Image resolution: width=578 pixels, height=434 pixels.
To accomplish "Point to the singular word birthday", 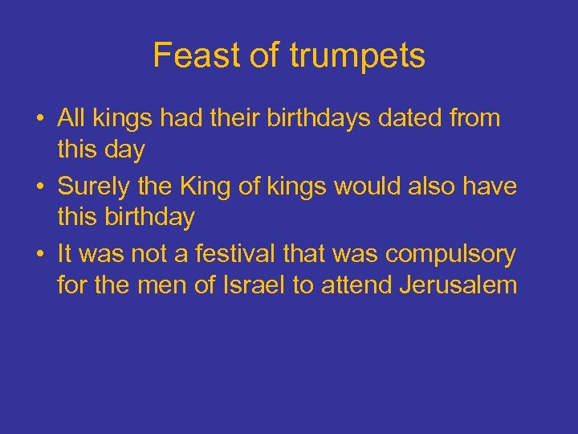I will (x=126, y=218).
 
